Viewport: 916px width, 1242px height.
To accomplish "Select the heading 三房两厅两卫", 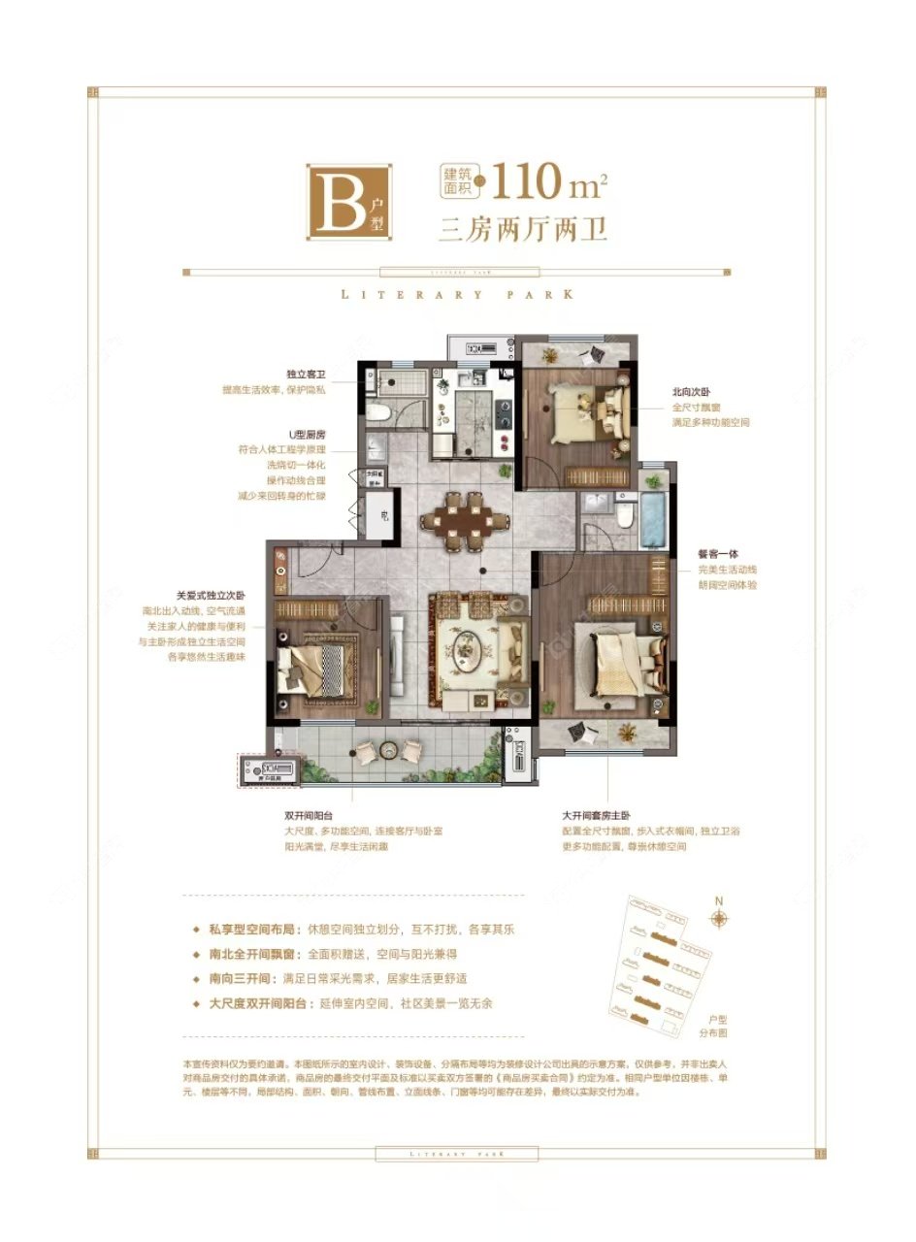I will point(523,230).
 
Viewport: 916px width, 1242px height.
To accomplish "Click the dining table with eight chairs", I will point(470,520).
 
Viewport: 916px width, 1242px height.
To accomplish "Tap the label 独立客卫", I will point(306,374).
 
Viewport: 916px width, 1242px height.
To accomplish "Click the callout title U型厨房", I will point(305,434).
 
